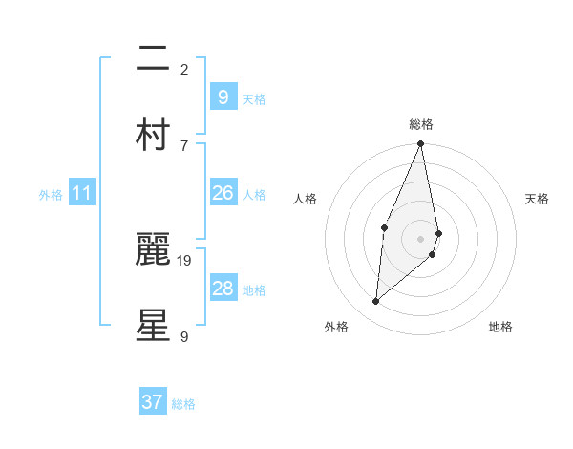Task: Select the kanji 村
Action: (x=153, y=135)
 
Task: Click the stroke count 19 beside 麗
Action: (x=184, y=260)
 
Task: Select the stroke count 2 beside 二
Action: (x=184, y=70)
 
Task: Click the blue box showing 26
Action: (x=223, y=194)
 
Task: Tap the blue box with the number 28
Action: (x=223, y=289)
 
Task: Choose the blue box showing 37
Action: (x=152, y=402)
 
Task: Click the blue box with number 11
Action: (x=81, y=194)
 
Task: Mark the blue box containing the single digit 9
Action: (x=223, y=96)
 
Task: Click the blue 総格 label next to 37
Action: (x=183, y=404)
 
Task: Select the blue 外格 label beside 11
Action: (x=51, y=195)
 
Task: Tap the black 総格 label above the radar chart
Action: (x=421, y=124)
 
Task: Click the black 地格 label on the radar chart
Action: (x=500, y=327)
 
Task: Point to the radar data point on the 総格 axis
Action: (x=420, y=144)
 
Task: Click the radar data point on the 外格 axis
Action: (x=375, y=302)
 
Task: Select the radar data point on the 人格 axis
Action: (x=384, y=227)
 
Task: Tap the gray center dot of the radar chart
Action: (x=420, y=238)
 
